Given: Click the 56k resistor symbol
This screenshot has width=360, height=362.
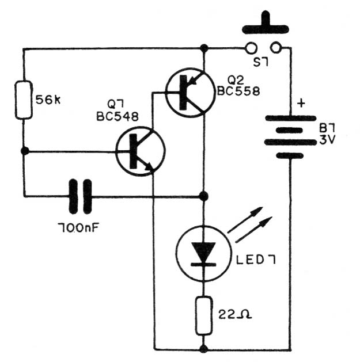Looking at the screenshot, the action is click(24, 100).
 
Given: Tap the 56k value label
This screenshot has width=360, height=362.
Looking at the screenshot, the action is click(48, 100).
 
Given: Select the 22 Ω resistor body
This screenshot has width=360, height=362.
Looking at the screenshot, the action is click(203, 315).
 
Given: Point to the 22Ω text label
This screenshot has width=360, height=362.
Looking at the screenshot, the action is click(235, 314).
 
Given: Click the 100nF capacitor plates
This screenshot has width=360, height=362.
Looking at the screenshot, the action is click(81, 196).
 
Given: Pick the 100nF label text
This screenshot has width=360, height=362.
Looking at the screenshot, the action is click(78, 228).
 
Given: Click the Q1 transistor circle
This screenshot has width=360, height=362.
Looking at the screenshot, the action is click(141, 151).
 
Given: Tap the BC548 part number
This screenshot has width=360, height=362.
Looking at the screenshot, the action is click(118, 116).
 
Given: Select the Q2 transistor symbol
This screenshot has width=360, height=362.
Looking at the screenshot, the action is click(191, 93).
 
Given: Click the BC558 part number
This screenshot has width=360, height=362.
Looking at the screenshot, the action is click(238, 91).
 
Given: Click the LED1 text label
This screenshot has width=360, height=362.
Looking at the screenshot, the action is click(256, 260).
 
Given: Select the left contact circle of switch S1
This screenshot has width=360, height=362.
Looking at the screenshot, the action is click(251, 48).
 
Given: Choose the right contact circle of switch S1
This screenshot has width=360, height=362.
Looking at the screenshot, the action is click(276, 48).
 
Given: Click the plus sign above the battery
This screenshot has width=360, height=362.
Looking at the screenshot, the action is click(301, 103).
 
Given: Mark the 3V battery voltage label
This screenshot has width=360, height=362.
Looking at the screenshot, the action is click(327, 140).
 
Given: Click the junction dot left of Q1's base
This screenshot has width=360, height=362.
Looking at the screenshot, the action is click(25, 151).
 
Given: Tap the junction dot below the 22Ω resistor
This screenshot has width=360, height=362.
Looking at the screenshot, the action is click(203, 349).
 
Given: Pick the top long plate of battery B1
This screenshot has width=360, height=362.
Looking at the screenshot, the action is click(290, 118).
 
